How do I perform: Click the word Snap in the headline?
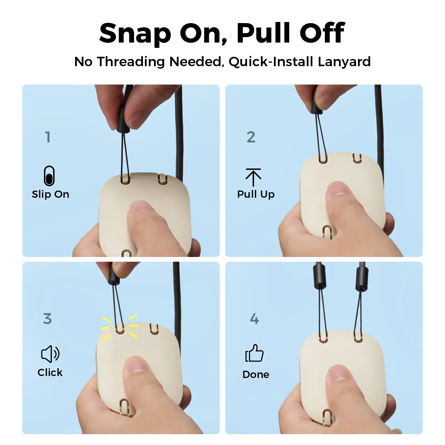tap(135, 33)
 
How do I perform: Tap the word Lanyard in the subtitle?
tap(344, 61)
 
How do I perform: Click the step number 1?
tap(48, 137)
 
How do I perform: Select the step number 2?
tap(251, 137)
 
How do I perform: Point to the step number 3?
tap(48, 318)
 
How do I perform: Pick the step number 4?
tap(254, 318)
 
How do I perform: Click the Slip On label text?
tap(50, 194)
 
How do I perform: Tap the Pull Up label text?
tap(256, 194)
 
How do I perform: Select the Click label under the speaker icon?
tap(50, 372)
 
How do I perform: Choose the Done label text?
tap(256, 374)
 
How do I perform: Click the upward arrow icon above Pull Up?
tap(253, 177)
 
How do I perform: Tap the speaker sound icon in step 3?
tap(50, 354)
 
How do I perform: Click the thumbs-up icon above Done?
tap(254, 353)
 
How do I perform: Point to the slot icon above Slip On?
tap(49, 176)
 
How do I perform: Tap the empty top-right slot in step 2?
tap(357, 159)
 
